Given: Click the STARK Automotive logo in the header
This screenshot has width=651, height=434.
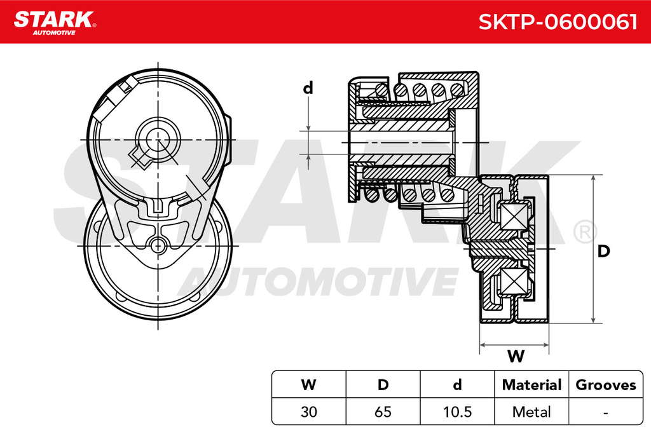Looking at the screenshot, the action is tap(55, 23).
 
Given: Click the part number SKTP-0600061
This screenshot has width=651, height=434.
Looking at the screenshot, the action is tap(558, 22).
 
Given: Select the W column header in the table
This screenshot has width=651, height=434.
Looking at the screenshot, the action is tap(308, 384).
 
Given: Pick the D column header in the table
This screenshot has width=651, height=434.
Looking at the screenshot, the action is tap(383, 384).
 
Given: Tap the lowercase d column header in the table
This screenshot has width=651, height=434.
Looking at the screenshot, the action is tap(457, 384).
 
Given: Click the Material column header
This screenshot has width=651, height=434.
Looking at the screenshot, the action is tap(531, 384).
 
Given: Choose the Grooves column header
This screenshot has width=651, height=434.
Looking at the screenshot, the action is tap(606, 384).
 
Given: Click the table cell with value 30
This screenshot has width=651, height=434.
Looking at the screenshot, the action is tap(308, 412).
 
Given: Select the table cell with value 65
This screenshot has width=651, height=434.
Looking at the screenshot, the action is tap(383, 412).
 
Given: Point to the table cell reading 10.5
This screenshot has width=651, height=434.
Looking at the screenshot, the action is tap(457, 412).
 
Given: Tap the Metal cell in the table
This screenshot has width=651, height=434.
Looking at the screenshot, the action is tap(531, 412).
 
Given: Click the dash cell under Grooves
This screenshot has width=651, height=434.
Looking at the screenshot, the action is tap(606, 412).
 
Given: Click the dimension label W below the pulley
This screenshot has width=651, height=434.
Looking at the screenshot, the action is tap(516, 356).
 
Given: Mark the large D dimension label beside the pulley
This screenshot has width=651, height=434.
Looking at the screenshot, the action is tap(603, 251).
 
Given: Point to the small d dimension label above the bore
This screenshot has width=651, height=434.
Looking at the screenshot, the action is tap(308, 88).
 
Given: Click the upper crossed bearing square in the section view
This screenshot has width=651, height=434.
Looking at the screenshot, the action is tap(513, 215).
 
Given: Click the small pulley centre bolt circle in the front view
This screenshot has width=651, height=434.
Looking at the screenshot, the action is tap(158, 246).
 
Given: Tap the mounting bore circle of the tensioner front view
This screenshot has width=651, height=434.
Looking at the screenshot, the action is tap(158, 139).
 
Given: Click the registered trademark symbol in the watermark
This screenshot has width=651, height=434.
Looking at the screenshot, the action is tap(586, 232).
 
